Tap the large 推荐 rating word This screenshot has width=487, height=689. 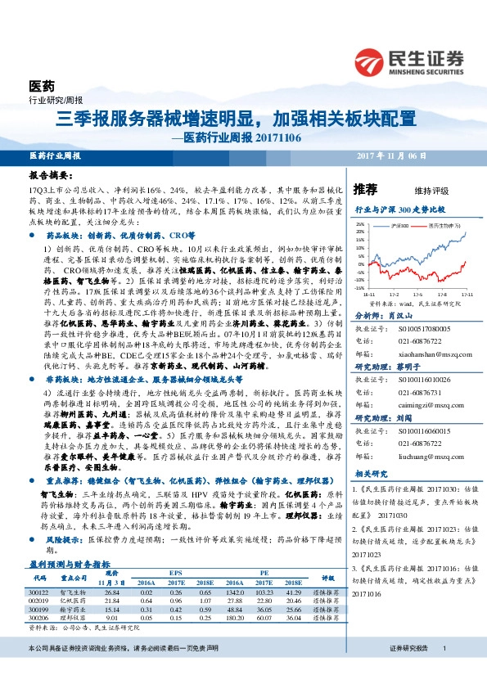(365, 190)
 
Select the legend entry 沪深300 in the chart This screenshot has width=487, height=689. (402, 223)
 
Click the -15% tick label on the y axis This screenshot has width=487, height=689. (361, 288)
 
